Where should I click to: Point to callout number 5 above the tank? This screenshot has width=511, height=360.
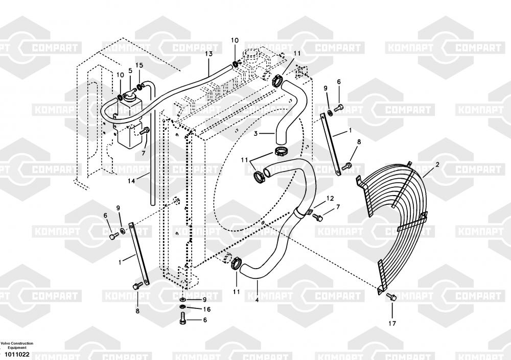pyautogui.click(x=130, y=70)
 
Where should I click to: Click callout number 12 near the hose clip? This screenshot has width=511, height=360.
pyautogui.click(x=330, y=198)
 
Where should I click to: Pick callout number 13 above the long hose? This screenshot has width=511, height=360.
pyautogui.click(x=208, y=54)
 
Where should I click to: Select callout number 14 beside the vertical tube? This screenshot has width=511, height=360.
pyautogui.click(x=131, y=181)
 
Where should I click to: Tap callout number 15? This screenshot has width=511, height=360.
pyautogui.click(x=140, y=65)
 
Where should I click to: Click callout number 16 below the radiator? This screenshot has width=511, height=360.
pyautogui.click(x=206, y=309)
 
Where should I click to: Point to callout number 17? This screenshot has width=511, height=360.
pyautogui.click(x=392, y=323)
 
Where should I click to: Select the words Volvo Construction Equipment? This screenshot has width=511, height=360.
pyautogui.click(x=16, y=345)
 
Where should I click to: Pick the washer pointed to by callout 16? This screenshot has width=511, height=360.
pyautogui.click(x=183, y=308)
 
